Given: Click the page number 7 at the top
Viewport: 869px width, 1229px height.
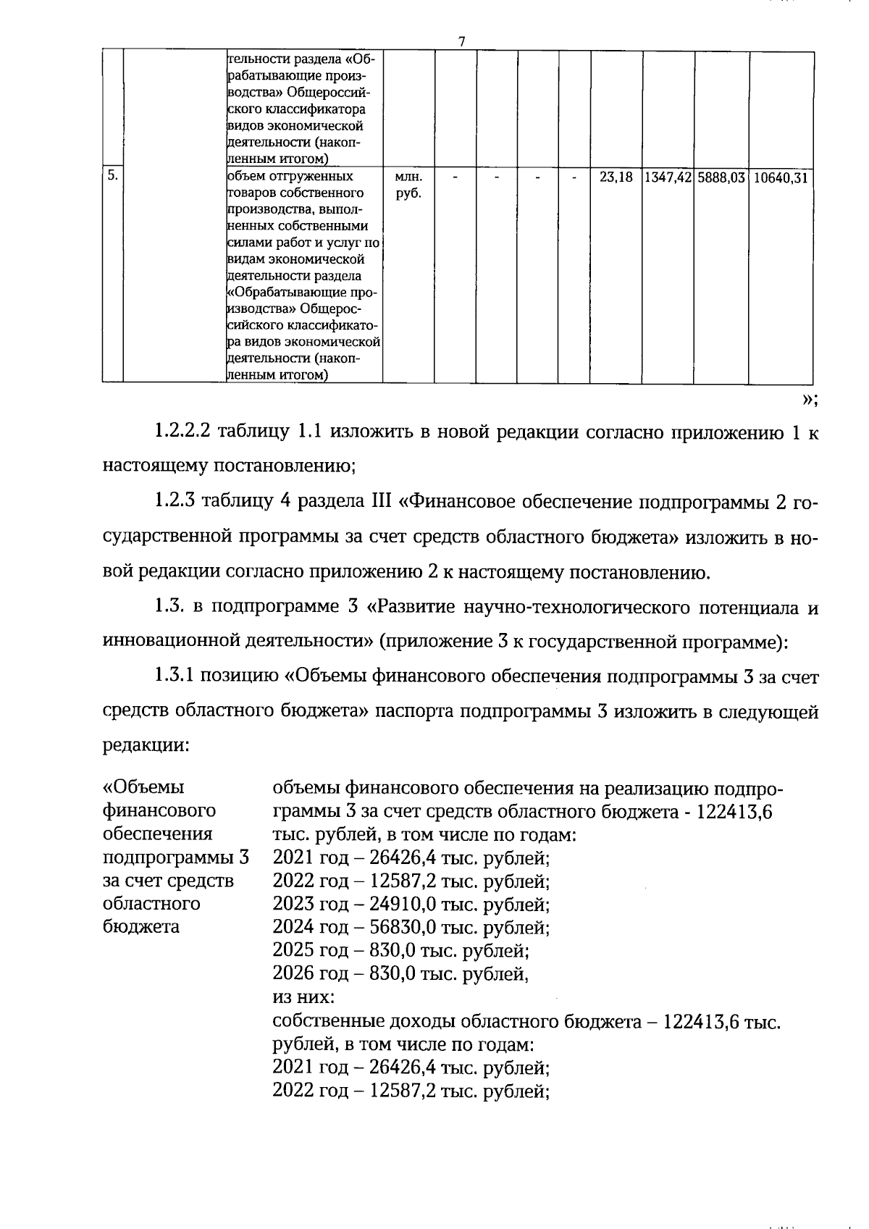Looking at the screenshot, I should click(461, 41).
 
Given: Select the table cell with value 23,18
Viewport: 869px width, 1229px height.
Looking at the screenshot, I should click(616, 177).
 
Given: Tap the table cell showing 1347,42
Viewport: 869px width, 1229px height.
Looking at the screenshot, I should click(667, 177).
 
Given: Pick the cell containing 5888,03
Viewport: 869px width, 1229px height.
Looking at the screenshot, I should click(721, 177).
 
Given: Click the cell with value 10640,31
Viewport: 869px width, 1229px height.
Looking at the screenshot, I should click(780, 177).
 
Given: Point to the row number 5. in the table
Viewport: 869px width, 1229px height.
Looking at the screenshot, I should click(112, 175).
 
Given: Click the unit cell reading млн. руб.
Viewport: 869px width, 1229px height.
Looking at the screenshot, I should click(408, 185).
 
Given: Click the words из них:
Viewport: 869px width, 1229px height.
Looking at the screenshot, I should click(303, 997).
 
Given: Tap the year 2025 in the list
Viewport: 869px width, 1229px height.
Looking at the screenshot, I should click(293, 949).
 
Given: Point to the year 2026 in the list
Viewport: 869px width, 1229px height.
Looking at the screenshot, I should click(293, 973).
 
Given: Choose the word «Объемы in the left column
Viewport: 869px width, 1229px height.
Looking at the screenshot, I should click(144, 787).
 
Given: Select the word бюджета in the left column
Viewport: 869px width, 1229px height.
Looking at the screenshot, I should click(141, 926).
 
